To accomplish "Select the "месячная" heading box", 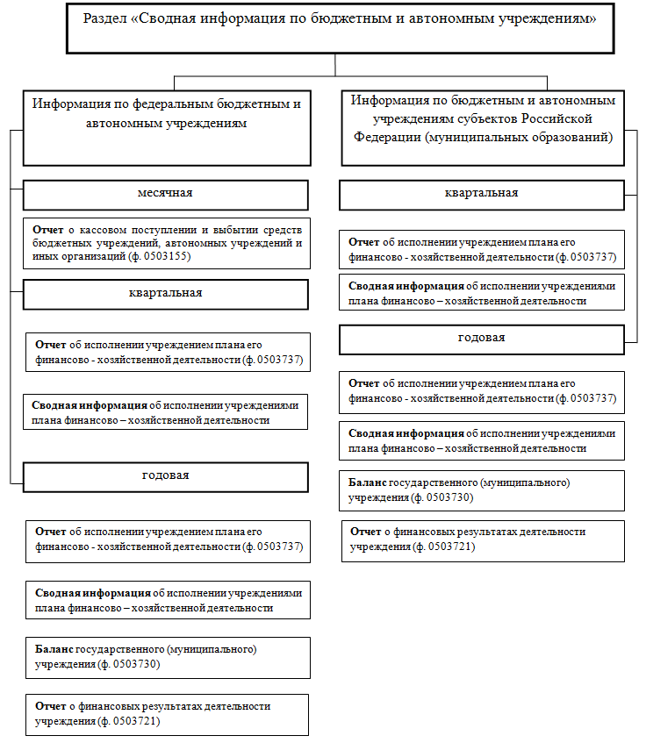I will click(x=165, y=194).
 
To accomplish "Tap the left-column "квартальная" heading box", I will click(x=165, y=294).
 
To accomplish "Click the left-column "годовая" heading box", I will click(x=165, y=476).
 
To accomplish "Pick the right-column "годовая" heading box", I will click(x=482, y=339).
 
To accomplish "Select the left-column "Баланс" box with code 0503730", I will click(x=167, y=657).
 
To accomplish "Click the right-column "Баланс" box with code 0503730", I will click(x=482, y=490).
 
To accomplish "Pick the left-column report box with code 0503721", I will click(x=167, y=714).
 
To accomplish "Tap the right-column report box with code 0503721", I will click(x=483, y=540).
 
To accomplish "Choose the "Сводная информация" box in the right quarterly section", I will click(x=482, y=293).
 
